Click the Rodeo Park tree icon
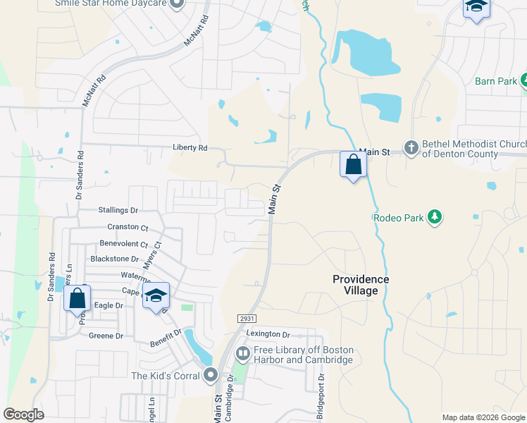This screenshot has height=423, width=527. pyautogui.click(x=435, y=217)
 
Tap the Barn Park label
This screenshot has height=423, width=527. pyautogui.click(x=496, y=82)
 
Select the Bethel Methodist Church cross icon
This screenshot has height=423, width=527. pyautogui.click(x=411, y=149)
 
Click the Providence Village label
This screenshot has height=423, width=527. pyautogui.click(x=361, y=285)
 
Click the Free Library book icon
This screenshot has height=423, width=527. pyautogui.click(x=242, y=352)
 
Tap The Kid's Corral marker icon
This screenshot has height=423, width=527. pyautogui.click(x=210, y=376)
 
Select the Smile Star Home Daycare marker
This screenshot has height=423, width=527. pyautogui.click(x=177, y=4)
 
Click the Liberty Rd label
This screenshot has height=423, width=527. pyautogui.click(x=190, y=148)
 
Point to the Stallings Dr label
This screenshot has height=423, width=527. pyautogui.click(x=119, y=210)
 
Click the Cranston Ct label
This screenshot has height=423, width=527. pyautogui.click(x=128, y=228)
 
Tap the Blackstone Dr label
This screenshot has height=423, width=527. pyautogui.click(x=115, y=259)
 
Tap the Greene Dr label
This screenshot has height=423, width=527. pyautogui.click(x=106, y=336)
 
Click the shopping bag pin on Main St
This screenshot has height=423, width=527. pyautogui.click(x=353, y=165)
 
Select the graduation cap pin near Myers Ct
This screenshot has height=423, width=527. pyautogui.click(x=156, y=296)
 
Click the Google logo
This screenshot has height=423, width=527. pyautogui.click(x=23, y=415)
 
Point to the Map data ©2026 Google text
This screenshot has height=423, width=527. pyautogui.click(x=483, y=417)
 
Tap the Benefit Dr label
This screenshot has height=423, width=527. pyautogui.click(x=166, y=338)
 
